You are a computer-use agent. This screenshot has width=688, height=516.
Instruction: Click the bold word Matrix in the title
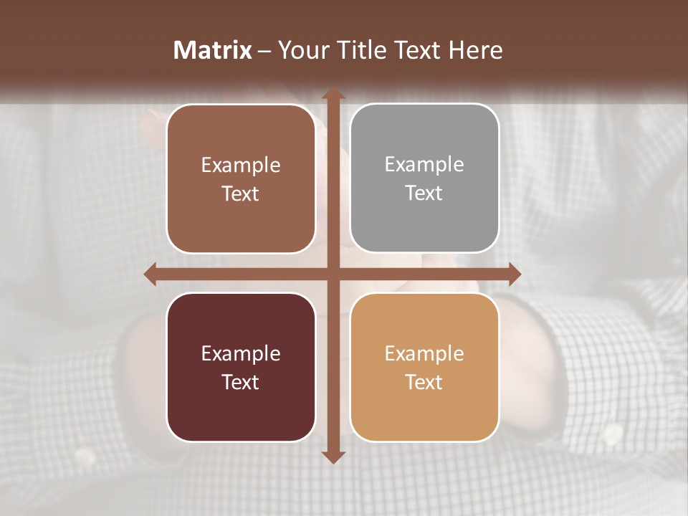point(213,50)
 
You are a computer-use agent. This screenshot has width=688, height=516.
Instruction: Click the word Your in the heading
point(302,50)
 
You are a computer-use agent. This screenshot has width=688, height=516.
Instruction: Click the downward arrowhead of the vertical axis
point(333,457)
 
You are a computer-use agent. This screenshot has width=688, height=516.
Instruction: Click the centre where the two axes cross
point(333,274)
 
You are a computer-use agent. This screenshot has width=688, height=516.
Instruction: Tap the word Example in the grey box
point(424,165)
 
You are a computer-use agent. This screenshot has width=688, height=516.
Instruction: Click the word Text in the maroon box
point(241,382)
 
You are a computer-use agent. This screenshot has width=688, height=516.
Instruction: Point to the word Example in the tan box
point(424,353)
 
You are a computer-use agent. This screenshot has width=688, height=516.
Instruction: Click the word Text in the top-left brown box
point(241,193)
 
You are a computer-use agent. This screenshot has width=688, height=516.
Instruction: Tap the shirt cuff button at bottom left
point(86,456)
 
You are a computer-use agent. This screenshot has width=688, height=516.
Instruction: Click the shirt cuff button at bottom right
point(613,433)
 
